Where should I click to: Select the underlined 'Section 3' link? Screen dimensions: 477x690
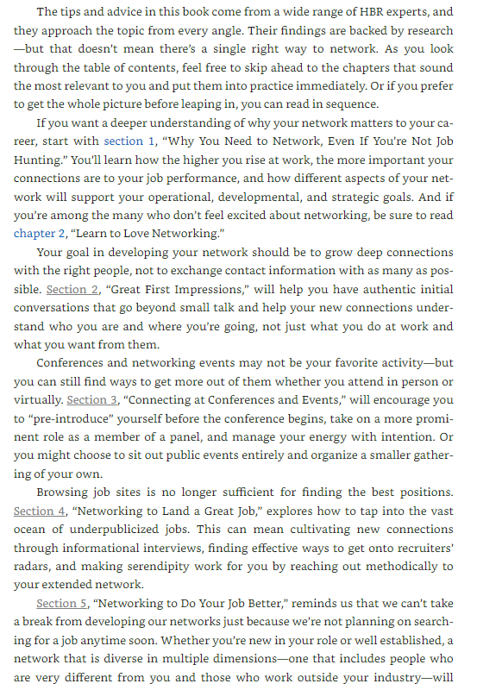click(91, 399)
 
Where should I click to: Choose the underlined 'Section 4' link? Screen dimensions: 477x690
click(39, 511)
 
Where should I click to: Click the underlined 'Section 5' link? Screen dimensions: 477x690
click(61, 604)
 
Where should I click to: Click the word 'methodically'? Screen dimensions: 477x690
click(409, 567)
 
